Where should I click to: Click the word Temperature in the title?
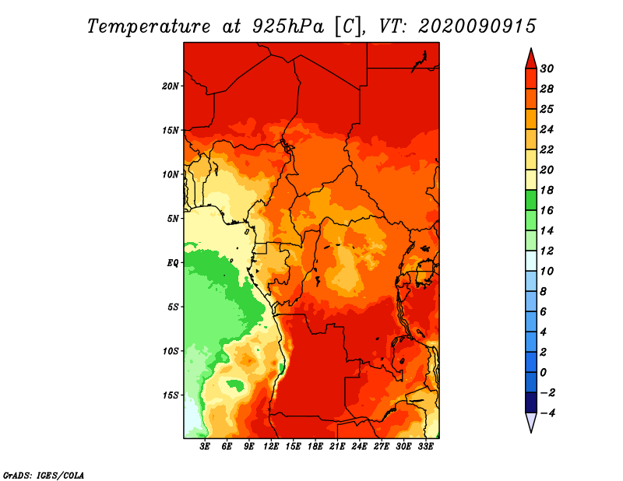(149, 26)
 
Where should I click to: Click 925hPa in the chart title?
(288, 26)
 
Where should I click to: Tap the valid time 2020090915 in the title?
(477, 26)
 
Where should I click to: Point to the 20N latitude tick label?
(170, 86)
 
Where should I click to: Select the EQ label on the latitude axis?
(172, 263)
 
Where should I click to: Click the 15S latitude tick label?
(170, 395)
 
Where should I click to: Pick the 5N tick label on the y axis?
(172, 219)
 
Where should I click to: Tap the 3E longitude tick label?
(205, 447)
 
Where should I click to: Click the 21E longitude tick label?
(337, 447)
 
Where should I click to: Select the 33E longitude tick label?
(425, 447)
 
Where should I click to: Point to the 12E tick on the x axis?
(270, 447)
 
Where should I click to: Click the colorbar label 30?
(547, 68)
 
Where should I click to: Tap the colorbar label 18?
(547, 190)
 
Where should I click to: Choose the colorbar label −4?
(547, 413)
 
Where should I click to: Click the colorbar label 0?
(543, 373)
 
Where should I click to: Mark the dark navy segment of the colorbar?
(531, 402)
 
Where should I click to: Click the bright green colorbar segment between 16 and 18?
(531, 200)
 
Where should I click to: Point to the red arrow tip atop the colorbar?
(531, 48)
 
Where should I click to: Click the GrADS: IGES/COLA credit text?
(44, 475)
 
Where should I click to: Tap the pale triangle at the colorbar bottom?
(531, 422)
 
